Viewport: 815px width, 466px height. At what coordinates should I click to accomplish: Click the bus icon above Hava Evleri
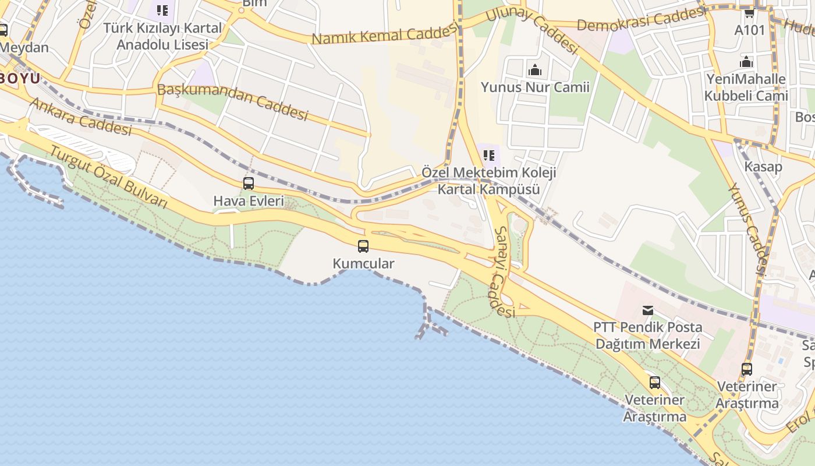pos(249,183)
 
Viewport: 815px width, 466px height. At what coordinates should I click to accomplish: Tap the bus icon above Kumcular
pos(363,246)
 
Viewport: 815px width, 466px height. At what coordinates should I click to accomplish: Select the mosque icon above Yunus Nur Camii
pos(534,70)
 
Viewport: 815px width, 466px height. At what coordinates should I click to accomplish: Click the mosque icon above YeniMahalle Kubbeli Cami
pos(746,62)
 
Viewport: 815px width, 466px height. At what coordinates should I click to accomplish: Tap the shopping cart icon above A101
pos(749,12)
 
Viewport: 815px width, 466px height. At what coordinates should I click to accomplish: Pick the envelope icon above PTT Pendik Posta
pos(647,310)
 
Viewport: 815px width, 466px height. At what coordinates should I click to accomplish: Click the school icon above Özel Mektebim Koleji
pos(489,155)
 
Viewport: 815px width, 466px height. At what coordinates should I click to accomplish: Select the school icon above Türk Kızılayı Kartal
pos(162,10)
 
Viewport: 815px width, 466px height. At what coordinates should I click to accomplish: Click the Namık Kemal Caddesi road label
pos(384,34)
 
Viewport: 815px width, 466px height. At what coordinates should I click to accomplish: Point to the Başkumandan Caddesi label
pos(232,101)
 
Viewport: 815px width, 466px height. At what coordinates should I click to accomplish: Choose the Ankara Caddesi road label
pos(80,116)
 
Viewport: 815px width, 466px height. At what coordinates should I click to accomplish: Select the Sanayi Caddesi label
pos(504,271)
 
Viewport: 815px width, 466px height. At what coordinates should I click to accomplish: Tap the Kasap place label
pos(763,167)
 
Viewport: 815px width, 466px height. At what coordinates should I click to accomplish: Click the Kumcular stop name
pos(363,263)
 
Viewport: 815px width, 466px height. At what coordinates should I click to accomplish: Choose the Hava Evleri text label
pos(249,201)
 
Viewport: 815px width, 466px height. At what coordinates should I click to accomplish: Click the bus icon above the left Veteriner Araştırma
pos(655,383)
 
